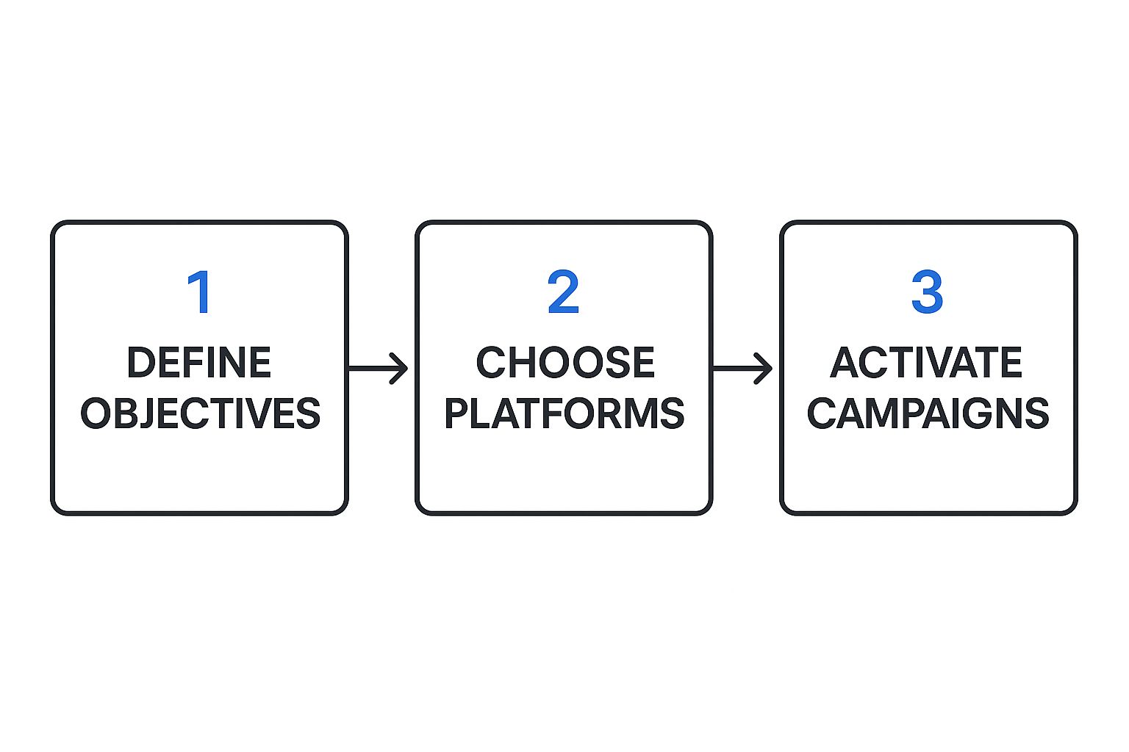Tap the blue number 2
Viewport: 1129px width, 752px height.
[563, 292]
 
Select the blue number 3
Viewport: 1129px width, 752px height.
[927, 292]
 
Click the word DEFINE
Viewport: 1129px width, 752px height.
[199, 362]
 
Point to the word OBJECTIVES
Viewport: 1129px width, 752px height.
[200, 413]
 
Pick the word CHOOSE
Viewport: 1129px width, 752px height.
[565, 362]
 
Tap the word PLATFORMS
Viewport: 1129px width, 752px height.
[564, 413]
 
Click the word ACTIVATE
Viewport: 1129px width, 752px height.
[926, 362]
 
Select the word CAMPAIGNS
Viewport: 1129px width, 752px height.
[928, 413]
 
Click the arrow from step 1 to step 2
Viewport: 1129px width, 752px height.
[378, 369]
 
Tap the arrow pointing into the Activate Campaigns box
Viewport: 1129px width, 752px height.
[742, 369]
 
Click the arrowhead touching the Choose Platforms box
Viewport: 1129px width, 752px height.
[398, 369]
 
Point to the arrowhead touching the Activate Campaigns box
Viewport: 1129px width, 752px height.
[763, 369]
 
